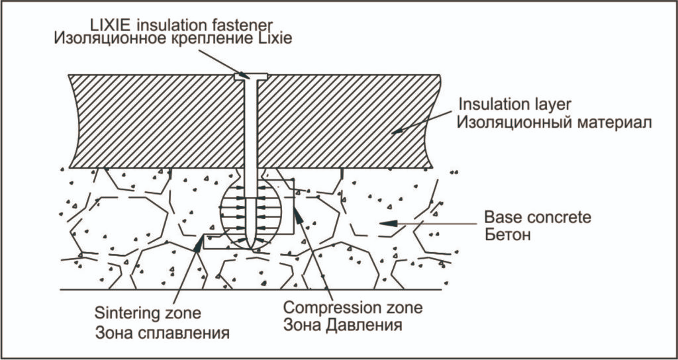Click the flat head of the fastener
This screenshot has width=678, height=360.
click(x=251, y=77)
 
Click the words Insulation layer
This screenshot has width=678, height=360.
click(x=515, y=105)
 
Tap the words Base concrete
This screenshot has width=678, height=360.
click(x=538, y=217)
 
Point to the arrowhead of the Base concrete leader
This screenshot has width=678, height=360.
click(x=389, y=224)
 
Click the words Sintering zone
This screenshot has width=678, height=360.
click(x=148, y=313)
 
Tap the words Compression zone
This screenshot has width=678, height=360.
click(x=353, y=308)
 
